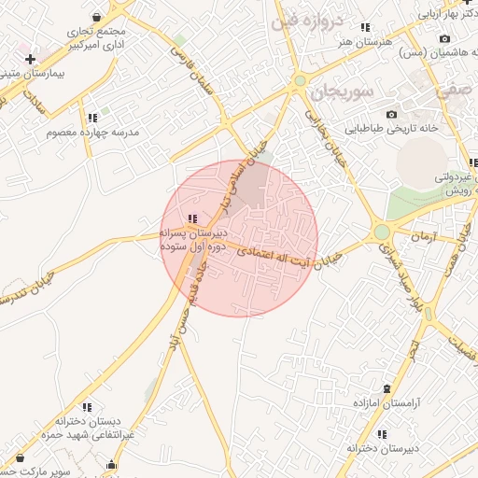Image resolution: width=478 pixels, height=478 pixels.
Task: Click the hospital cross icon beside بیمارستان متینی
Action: (x=30, y=60)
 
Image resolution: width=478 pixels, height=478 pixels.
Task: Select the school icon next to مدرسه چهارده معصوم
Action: (x=91, y=118)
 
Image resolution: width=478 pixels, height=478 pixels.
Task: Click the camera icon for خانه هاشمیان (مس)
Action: (x=444, y=39)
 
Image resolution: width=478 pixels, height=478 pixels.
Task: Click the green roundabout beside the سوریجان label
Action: (x=300, y=81)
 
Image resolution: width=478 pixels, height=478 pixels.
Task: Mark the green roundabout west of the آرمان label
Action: (x=381, y=232)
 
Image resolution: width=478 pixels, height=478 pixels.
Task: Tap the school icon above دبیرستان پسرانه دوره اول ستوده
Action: (x=192, y=219)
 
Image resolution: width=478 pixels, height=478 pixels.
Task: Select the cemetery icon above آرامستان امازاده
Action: (x=387, y=387)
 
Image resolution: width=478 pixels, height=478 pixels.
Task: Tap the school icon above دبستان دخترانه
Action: (x=87, y=407)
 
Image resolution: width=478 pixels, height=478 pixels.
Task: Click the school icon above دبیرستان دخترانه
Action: (x=382, y=434)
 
